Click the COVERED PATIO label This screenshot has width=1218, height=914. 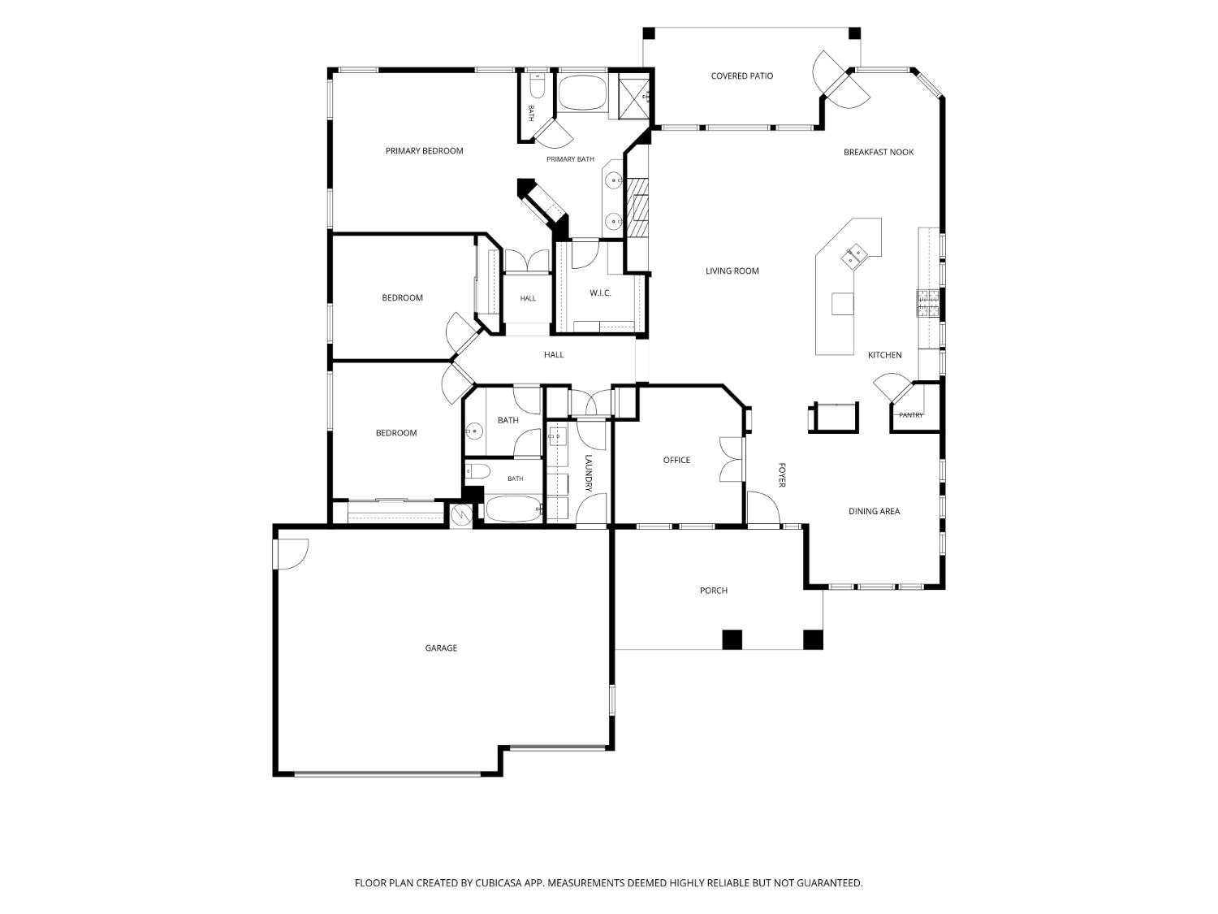[x=741, y=76]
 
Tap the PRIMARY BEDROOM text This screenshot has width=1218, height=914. [x=424, y=151]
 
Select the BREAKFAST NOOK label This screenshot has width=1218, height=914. [x=878, y=152]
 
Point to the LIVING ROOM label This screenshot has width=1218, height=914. [x=732, y=271]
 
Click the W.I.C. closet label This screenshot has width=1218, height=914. [x=600, y=293]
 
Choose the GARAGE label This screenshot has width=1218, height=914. [x=441, y=648]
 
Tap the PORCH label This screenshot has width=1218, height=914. [x=713, y=591]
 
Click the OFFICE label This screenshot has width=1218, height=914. [x=676, y=460]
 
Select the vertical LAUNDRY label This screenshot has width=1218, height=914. [x=589, y=474]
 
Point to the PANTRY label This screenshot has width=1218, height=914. [x=910, y=415]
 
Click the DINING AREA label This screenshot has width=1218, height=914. [x=874, y=511]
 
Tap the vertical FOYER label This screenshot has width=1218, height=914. [x=781, y=475]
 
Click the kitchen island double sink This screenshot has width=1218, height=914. [x=853, y=257]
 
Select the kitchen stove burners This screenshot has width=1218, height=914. [x=928, y=304]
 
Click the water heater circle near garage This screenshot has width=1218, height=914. [x=460, y=516]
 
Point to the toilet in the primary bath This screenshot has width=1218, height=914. [x=537, y=86]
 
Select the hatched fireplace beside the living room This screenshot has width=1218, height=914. [x=637, y=207]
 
